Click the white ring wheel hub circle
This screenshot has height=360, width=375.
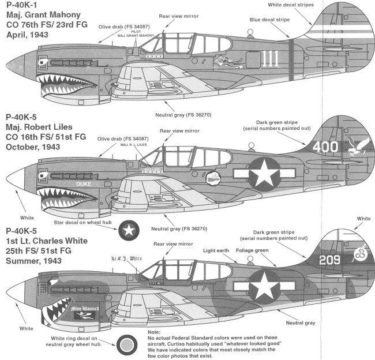127,345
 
